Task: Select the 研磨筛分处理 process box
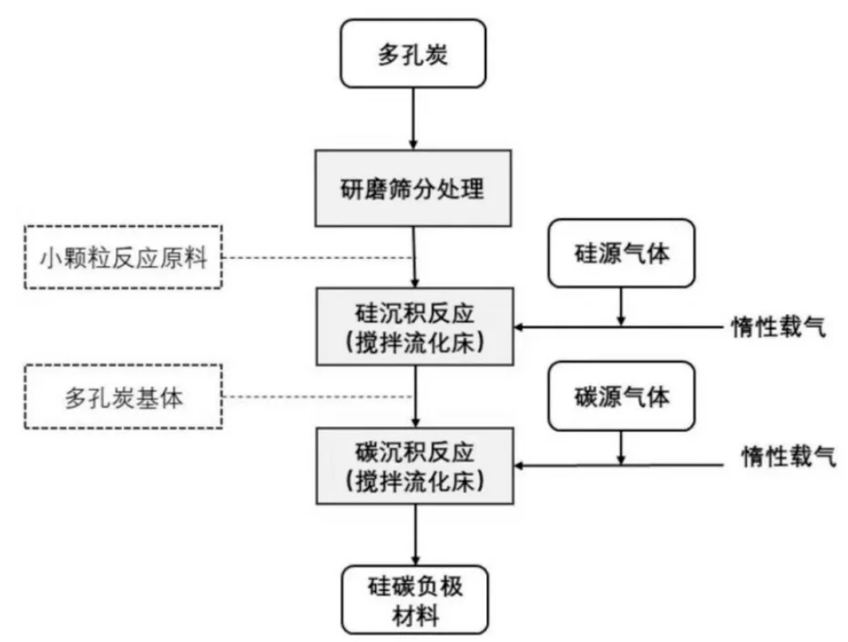point(414,190)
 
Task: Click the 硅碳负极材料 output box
point(414,598)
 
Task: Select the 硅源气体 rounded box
point(621,254)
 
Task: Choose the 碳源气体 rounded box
point(621,398)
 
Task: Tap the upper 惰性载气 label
point(779,326)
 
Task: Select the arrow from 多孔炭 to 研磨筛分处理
point(414,118)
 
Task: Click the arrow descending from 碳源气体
point(621,446)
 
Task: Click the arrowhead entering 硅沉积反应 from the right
point(522,326)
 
